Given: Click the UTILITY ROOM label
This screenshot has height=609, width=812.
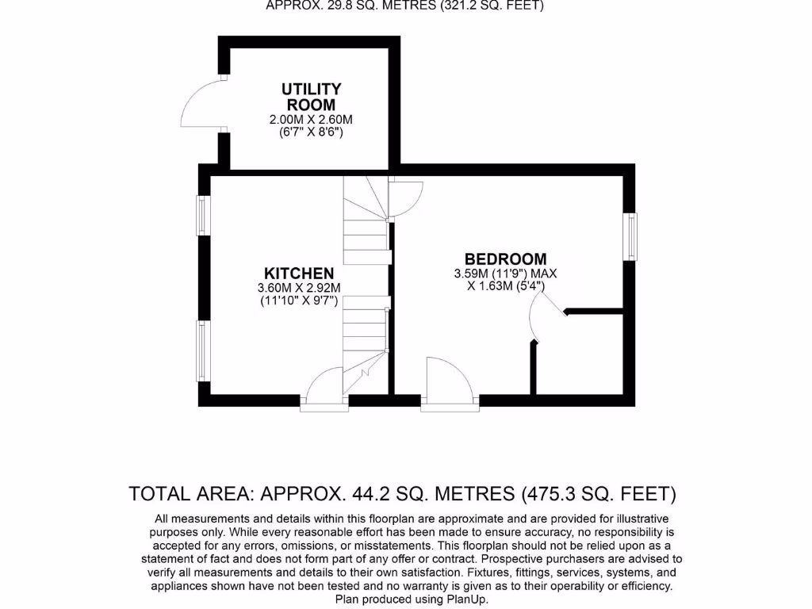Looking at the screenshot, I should point(311,97).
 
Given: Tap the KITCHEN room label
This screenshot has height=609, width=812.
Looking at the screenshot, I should point(299,273).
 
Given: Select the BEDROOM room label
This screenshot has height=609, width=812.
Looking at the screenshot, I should point(505,259).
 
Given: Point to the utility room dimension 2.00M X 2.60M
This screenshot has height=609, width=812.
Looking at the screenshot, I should point(311,120).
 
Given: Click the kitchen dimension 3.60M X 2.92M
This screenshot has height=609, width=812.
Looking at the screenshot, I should point(299,288).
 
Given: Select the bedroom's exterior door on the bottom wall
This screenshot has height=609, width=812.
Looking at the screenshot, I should point(449,384).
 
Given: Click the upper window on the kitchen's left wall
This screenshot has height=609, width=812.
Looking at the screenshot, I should point(203,215).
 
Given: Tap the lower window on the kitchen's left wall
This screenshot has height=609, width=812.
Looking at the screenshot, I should point(203,350).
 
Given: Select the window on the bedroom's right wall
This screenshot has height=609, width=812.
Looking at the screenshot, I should point(630,236).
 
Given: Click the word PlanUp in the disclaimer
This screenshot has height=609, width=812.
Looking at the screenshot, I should point(468,600).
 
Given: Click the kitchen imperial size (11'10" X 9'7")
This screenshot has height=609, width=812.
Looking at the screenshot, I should point(299,301).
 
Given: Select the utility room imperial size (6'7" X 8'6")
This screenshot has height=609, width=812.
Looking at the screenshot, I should point(311,132).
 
